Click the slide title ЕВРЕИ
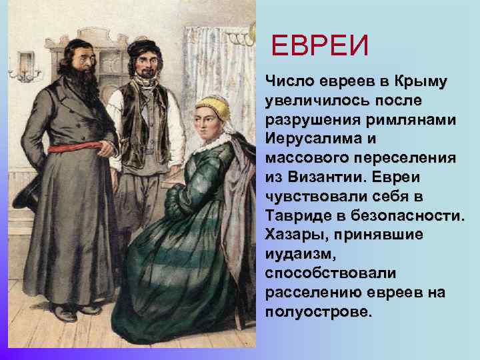click(x=320, y=47)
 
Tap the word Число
click(x=287, y=82)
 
